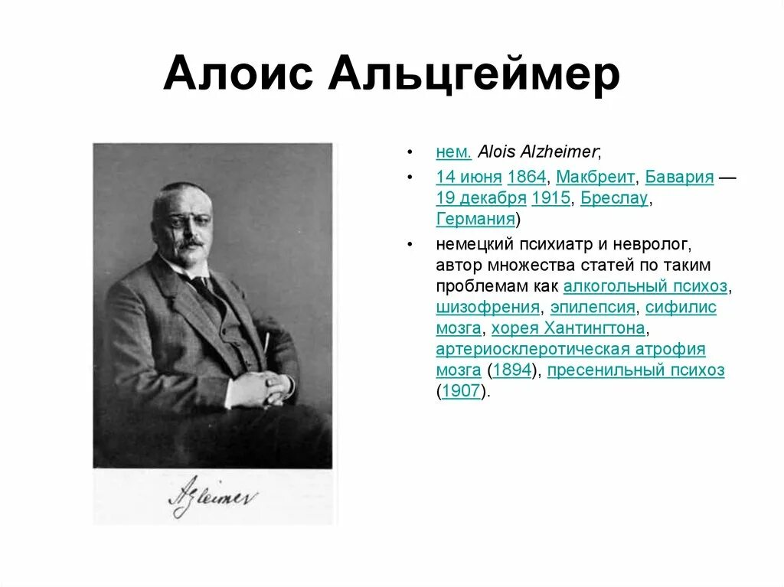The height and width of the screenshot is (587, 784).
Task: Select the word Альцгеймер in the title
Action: point(475,74)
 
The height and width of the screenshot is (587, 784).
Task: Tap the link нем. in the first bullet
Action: point(453,152)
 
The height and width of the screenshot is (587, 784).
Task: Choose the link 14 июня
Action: point(469,178)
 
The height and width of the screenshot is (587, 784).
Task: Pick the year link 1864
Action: point(527,178)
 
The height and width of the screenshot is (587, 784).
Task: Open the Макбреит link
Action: point(596,178)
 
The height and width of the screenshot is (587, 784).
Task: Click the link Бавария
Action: point(679,178)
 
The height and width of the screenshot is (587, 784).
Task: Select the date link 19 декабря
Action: point(481,198)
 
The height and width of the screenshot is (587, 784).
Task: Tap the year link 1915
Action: point(550,198)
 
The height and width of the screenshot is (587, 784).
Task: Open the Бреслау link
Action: point(614,198)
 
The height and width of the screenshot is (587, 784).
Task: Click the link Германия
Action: point(475,220)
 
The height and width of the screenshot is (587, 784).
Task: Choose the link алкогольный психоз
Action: point(645,287)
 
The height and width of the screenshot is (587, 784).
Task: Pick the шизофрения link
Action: point(488,308)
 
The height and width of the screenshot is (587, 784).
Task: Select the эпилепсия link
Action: point(593,308)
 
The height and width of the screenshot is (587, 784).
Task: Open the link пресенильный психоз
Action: point(636,371)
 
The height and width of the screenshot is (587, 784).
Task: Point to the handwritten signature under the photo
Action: point(213,498)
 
